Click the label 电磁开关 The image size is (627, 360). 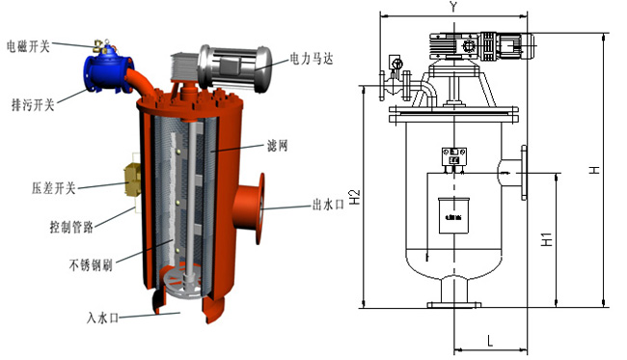tap(28, 46)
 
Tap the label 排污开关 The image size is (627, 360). tap(33, 105)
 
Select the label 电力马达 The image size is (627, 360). tap(312, 59)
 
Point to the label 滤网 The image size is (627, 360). tap(277, 146)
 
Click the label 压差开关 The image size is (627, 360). tap(54, 187)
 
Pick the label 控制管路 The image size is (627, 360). tap(71, 227)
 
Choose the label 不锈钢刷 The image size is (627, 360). tap(91, 264)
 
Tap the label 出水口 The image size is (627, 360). tap(328, 205)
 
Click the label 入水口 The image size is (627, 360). tap(103, 318)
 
